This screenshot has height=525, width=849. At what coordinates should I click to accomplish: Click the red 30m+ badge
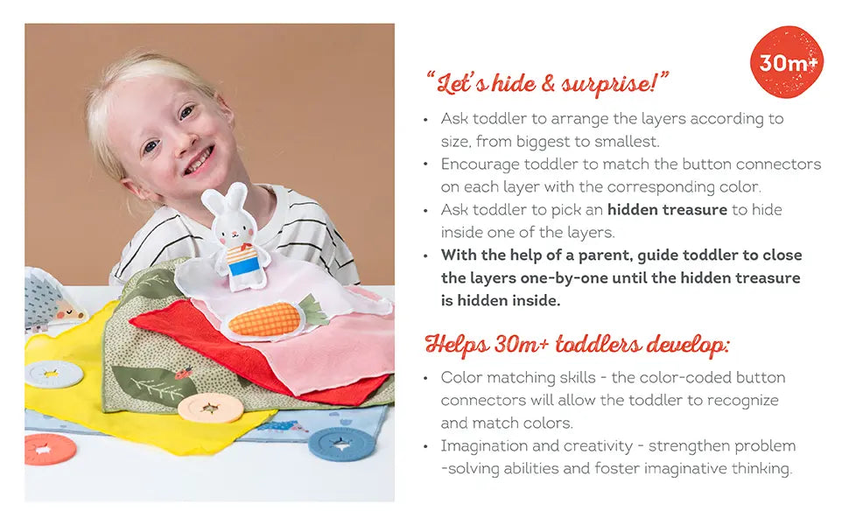click(787, 62)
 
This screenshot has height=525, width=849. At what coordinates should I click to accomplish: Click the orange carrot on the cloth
click(266, 318)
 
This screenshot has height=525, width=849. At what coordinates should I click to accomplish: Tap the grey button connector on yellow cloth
click(53, 374)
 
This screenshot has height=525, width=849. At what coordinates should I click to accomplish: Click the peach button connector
click(209, 408)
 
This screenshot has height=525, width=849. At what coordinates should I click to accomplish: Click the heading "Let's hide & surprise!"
click(547, 85)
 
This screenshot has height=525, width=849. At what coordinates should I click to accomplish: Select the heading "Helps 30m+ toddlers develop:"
click(576, 345)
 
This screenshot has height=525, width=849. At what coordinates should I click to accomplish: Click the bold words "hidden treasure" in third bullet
click(667, 210)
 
